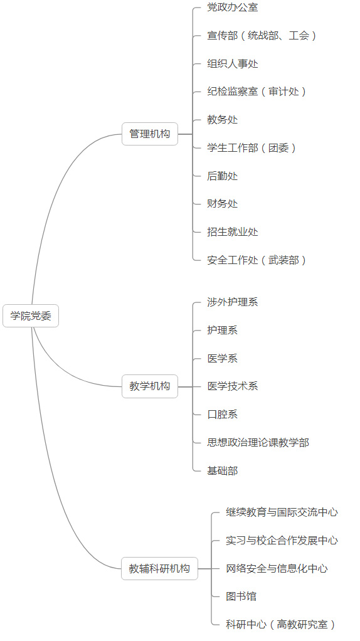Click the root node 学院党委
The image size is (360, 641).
[x=31, y=315]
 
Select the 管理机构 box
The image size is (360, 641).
[x=150, y=134]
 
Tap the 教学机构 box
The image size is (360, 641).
[x=150, y=386]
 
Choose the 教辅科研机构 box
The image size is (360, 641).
[x=159, y=568]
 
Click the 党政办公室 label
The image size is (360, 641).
[x=233, y=8]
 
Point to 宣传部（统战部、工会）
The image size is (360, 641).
[x=262, y=36]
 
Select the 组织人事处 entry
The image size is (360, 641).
[x=233, y=64]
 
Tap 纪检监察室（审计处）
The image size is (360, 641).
[x=257, y=92]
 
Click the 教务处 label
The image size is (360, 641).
[x=222, y=120]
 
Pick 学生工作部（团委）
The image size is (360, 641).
[x=252, y=147]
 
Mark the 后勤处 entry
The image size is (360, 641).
[x=222, y=176]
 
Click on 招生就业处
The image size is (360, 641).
[x=233, y=232]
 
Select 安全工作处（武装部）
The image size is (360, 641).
[x=257, y=260]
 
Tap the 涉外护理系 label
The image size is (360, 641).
[x=233, y=302]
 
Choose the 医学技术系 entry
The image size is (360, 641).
[x=233, y=386]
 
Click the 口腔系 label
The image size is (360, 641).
[x=222, y=414]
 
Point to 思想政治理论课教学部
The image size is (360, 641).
[x=258, y=442]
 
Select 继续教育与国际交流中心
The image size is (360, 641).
[x=282, y=512]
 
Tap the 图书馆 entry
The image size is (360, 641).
[x=241, y=596]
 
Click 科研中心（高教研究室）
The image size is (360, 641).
[x=281, y=624]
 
